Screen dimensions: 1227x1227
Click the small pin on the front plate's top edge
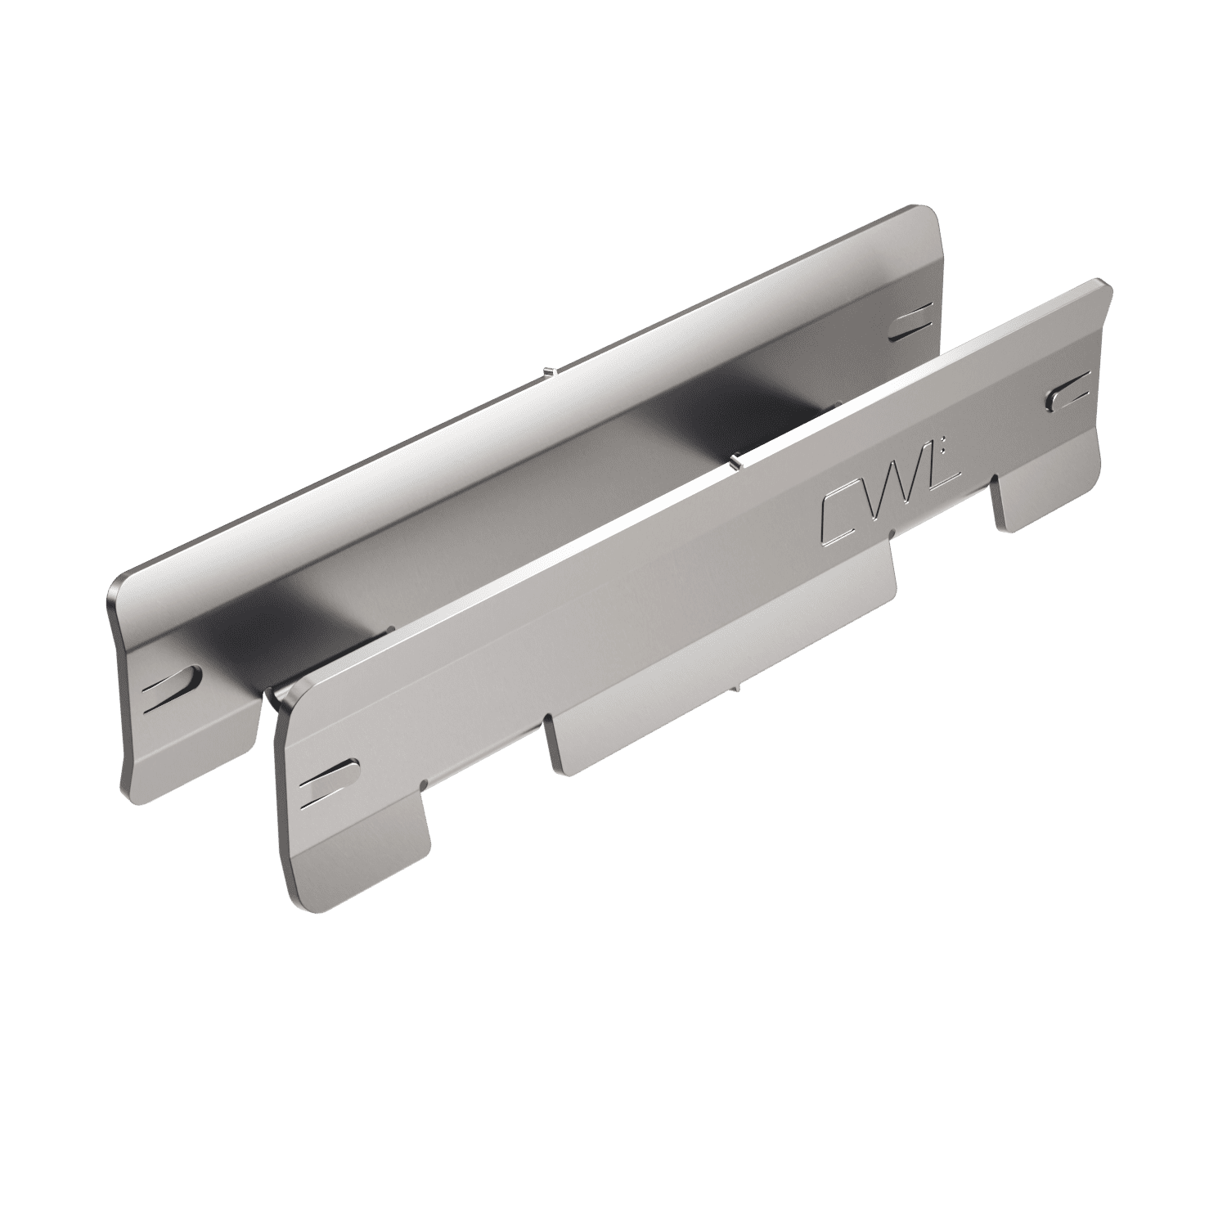click(735, 462)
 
